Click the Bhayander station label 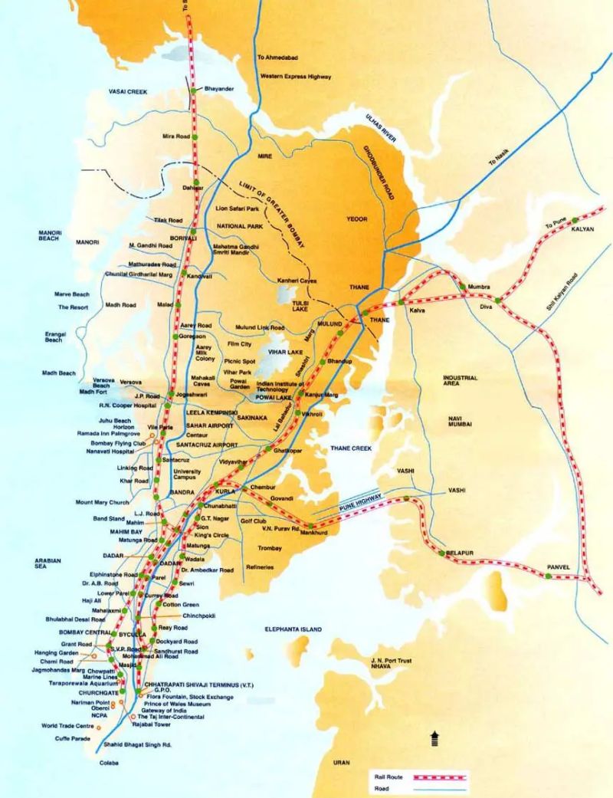[218, 89]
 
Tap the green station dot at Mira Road [195, 136]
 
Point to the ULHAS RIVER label [380, 126]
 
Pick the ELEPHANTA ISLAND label [293, 629]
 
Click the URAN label [342, 762]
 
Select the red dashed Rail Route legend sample [440, 777]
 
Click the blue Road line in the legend [440, 789]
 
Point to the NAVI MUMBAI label [460, 420]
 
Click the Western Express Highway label [295, 77]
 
